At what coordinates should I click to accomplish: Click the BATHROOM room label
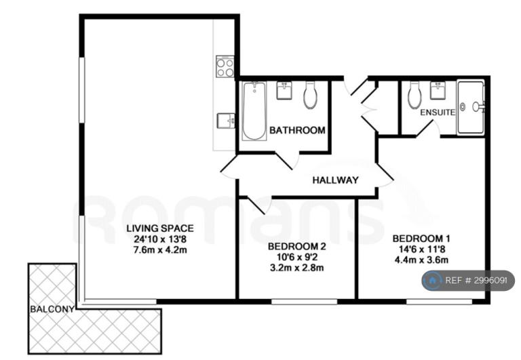click(297, 130)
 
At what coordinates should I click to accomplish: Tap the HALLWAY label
click(336, 180)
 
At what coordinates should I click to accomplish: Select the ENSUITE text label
click(438, 113)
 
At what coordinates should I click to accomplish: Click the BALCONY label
click(52, 309)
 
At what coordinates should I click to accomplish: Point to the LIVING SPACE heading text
click(160, 228)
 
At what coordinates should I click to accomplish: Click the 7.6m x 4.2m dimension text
click(160, 249)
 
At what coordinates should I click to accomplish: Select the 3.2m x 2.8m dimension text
click(296, 268)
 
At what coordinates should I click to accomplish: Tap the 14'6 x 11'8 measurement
click(421, 249)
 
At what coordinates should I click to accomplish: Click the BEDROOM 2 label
click(296, 246)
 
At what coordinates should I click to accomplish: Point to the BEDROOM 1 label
click(421, 239)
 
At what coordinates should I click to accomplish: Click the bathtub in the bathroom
click(254, 111)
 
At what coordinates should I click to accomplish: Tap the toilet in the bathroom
click(310, 95)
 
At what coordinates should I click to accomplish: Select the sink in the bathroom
click(284, 90)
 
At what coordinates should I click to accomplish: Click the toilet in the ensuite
click(414, 95)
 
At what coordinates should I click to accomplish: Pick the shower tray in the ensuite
click(471, 107)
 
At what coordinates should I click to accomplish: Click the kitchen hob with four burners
click(225, 66)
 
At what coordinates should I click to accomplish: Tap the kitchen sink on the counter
click(226, 120)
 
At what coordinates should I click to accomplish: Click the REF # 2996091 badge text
click(476, 281)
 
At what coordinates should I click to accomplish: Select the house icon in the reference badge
click(432, 281)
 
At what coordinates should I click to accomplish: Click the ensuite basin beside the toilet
click(438, 90)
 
